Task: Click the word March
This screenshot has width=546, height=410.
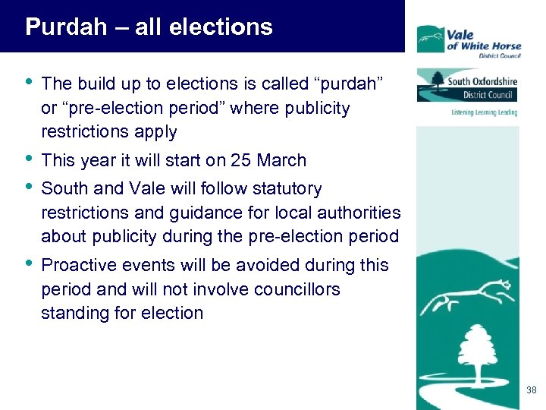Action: pos(281,160)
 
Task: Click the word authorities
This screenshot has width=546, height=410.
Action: pos(358,213)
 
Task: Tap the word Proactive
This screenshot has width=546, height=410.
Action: pos(78,265)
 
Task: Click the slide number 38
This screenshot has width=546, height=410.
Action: pos(531,390)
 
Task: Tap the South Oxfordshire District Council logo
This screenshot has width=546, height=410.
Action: pos(467,86)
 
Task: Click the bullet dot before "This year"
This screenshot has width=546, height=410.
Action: pos(30,159)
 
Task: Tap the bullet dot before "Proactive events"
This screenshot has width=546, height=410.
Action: pos(30,264)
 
